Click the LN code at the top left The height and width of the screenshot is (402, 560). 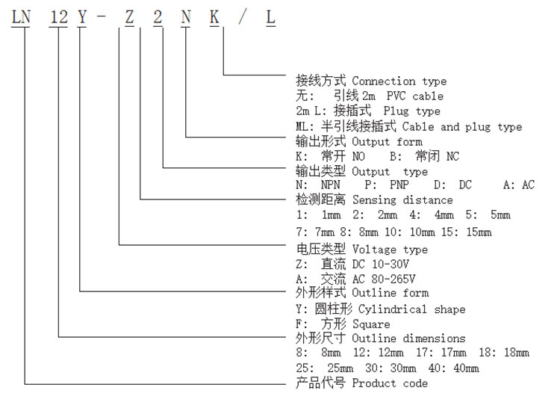point(21,17)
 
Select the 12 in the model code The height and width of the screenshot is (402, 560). point(58,17)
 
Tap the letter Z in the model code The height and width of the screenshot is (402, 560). point(129,17)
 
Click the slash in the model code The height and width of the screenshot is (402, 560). point(243,17)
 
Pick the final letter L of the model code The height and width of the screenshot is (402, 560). point(271,17)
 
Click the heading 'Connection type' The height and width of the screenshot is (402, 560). point(399,81)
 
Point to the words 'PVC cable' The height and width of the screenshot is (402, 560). point(415,96)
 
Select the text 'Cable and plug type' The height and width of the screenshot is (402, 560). point(462,127)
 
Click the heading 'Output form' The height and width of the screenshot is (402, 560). point(387,142)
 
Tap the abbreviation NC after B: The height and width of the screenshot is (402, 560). point(453,156)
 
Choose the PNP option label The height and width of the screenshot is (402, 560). point(399,185)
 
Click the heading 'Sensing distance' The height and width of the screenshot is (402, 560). point(402,200)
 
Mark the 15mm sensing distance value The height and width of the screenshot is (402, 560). point(479,232)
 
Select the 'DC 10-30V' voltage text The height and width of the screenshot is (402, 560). point(381,265)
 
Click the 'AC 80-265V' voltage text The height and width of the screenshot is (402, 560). point(384,279)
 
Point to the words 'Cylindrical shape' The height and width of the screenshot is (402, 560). point(411,309)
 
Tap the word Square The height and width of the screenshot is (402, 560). point(371,324)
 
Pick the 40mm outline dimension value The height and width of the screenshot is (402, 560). point(466,368)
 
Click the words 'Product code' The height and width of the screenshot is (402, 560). point(390,383)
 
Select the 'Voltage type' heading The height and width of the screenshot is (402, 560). point(390,250)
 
